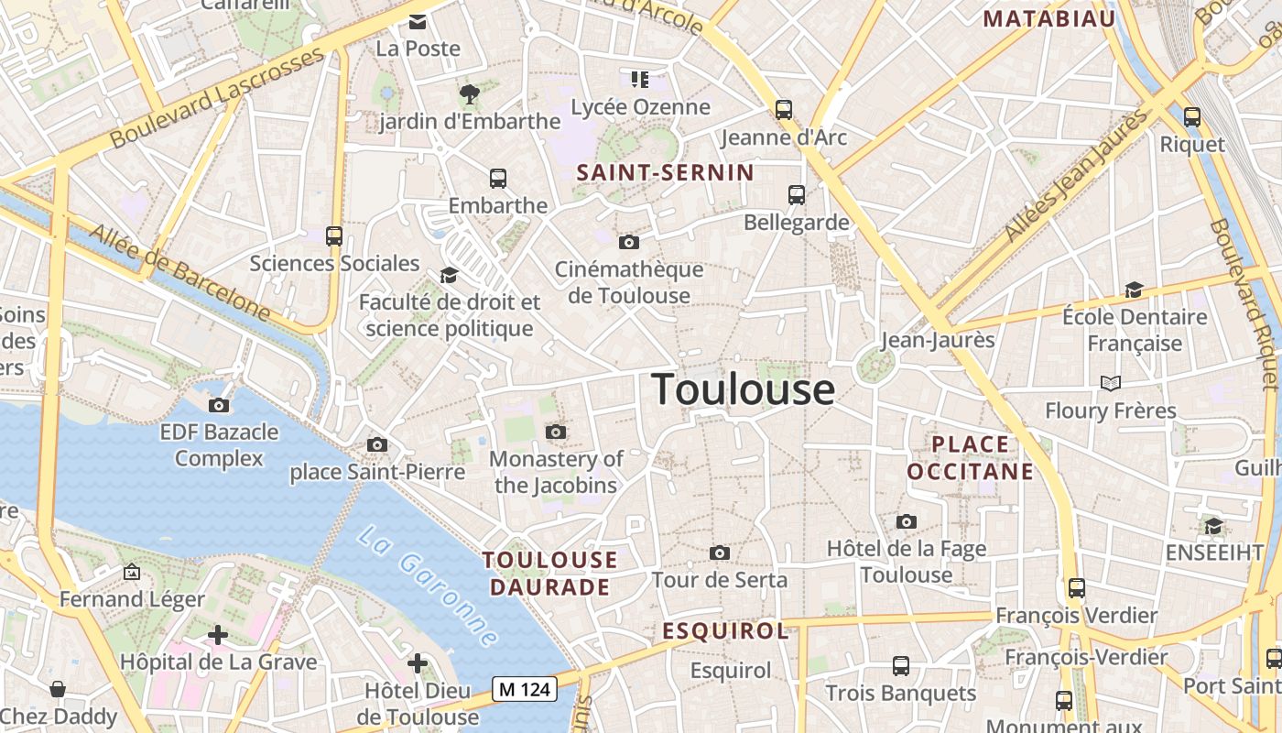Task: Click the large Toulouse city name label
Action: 743,389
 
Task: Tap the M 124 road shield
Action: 525,688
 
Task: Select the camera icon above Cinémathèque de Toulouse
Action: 628,242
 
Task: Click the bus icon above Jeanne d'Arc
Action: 784,110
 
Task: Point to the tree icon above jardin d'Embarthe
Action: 470,93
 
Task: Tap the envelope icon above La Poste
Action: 418,22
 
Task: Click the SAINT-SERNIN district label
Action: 665,172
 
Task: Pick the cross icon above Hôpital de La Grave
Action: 218,634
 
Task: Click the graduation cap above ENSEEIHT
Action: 1213,526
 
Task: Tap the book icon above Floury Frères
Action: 1111,383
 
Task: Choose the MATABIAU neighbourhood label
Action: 1048,19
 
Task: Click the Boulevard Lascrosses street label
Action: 217,98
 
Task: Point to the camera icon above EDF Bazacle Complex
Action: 219,405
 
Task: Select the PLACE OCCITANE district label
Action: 970,458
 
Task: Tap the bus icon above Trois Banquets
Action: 901,666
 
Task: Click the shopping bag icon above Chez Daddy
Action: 58,689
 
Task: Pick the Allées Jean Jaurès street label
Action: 1077,176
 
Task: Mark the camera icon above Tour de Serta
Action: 720,552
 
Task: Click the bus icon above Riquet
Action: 1191,117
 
